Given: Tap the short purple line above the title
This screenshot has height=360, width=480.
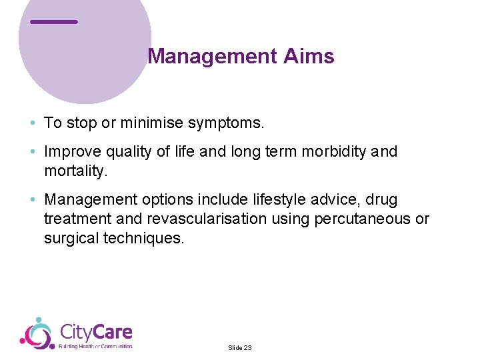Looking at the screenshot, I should [54, 22].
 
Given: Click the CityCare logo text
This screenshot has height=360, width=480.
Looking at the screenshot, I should [96, 332].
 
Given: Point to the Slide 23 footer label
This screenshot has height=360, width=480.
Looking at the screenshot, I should [240, 348].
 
